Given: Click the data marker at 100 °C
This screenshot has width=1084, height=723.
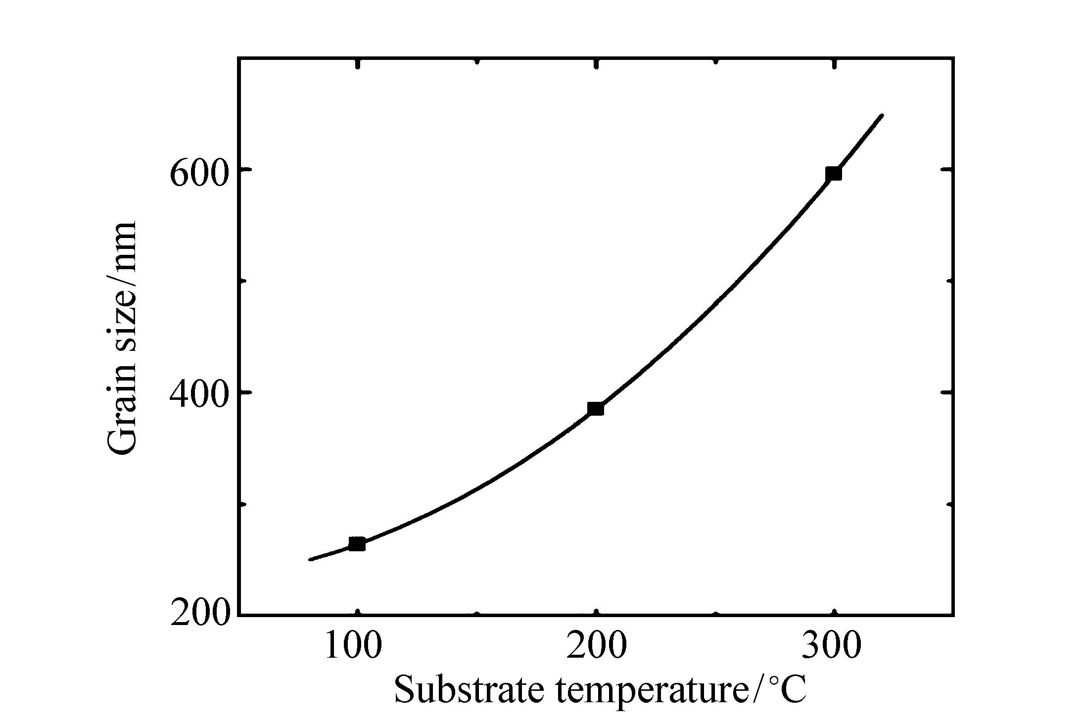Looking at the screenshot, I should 357,544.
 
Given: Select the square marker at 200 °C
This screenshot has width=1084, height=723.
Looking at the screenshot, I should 596,408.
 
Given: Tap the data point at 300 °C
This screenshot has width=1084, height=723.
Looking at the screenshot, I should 834,174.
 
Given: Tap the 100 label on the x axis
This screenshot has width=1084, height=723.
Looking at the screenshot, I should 353,646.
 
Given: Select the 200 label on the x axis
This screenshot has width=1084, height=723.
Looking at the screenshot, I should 596,646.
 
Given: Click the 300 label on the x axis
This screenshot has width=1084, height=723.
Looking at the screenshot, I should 832,646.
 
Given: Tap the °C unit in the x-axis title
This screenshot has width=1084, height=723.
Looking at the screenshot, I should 787,689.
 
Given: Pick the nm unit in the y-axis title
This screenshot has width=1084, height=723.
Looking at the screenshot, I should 122,245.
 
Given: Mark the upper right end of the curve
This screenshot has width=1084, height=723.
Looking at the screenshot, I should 882,115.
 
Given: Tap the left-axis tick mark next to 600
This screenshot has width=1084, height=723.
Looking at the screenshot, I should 245,169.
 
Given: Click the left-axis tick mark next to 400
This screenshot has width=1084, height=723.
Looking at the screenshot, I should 245,392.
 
